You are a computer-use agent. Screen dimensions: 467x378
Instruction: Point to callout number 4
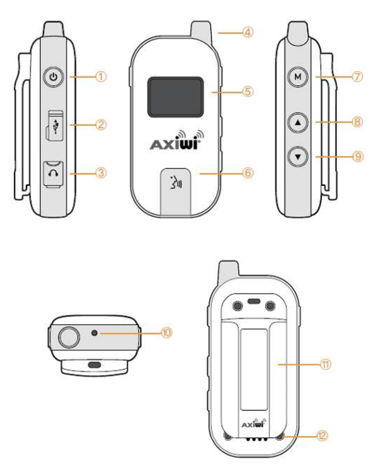(x=246, y=31)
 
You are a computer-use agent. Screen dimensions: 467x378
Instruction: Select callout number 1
(x=100, y=78)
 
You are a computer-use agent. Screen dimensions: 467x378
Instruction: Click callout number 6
(x=248, y=171)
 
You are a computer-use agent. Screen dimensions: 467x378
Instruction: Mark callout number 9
(x=358, y=156)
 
